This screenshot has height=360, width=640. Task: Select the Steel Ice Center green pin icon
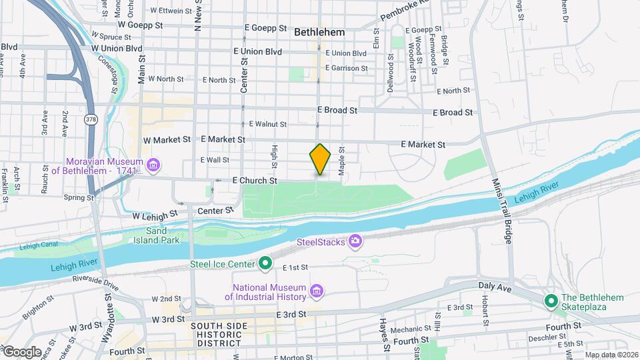tap(265, 264)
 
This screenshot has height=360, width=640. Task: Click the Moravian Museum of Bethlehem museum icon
tap(154, 165)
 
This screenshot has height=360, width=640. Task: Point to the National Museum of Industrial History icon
tap(317, 291)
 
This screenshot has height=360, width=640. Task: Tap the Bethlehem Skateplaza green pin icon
tap(551, 301)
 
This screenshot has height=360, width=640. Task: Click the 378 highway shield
tap(90, 120)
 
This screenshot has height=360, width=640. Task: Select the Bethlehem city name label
tap(319, 32)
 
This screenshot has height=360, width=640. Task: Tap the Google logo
tap(21, 351)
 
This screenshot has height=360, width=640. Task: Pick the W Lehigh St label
tap(155, 216)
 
